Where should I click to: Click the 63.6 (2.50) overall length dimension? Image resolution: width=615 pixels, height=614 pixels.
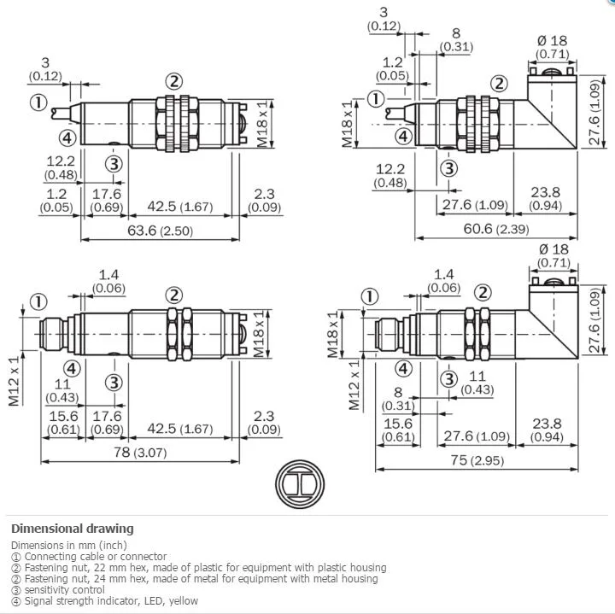coord(160,231)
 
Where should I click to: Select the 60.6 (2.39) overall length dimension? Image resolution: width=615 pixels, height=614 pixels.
coord(495,229)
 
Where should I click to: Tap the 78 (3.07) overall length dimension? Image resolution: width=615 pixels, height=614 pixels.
coord(140,453)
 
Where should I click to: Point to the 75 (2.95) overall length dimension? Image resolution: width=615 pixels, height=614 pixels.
coord(477,460)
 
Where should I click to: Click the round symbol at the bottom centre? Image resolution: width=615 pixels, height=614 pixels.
coord(300,484)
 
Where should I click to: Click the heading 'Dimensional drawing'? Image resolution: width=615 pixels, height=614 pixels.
coord(73,529)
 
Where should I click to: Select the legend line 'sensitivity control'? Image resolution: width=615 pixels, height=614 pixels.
coord(58,590)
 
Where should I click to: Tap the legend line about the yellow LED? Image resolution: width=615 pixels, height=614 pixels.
coord(105,600)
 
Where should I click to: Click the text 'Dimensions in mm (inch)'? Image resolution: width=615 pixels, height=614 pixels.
coord(69,545)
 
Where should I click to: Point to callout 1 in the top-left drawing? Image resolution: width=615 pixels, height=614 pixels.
coord(38,102)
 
